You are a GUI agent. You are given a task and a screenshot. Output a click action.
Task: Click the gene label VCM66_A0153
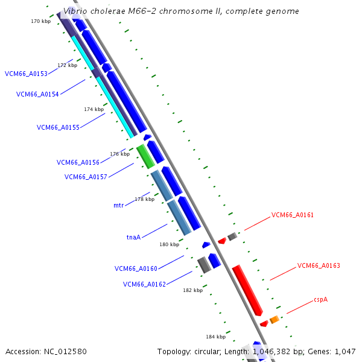26,74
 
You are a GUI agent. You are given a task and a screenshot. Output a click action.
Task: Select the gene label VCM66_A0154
37,94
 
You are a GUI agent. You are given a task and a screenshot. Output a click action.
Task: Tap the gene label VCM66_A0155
58,127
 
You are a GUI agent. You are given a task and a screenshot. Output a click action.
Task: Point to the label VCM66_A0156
78,162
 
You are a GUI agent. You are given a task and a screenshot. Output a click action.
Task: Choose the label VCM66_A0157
86,177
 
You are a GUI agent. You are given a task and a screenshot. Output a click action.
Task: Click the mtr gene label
118,205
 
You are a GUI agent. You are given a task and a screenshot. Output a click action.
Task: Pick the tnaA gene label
133,237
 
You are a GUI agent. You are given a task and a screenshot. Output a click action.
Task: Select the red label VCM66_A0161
293,215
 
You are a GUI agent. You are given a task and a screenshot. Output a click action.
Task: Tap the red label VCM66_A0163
319,265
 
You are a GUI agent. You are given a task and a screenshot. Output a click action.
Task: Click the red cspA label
320,300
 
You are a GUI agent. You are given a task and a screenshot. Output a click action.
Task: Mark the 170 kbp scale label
40,21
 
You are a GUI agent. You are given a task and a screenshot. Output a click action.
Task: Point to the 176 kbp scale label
119,154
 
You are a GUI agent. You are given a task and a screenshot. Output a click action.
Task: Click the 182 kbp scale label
192,290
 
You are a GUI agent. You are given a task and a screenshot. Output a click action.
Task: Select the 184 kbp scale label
215,336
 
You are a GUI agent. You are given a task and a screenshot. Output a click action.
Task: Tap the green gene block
145,156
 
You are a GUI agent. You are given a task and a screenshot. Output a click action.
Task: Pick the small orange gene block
274,319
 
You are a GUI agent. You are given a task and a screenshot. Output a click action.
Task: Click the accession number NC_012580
66,351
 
